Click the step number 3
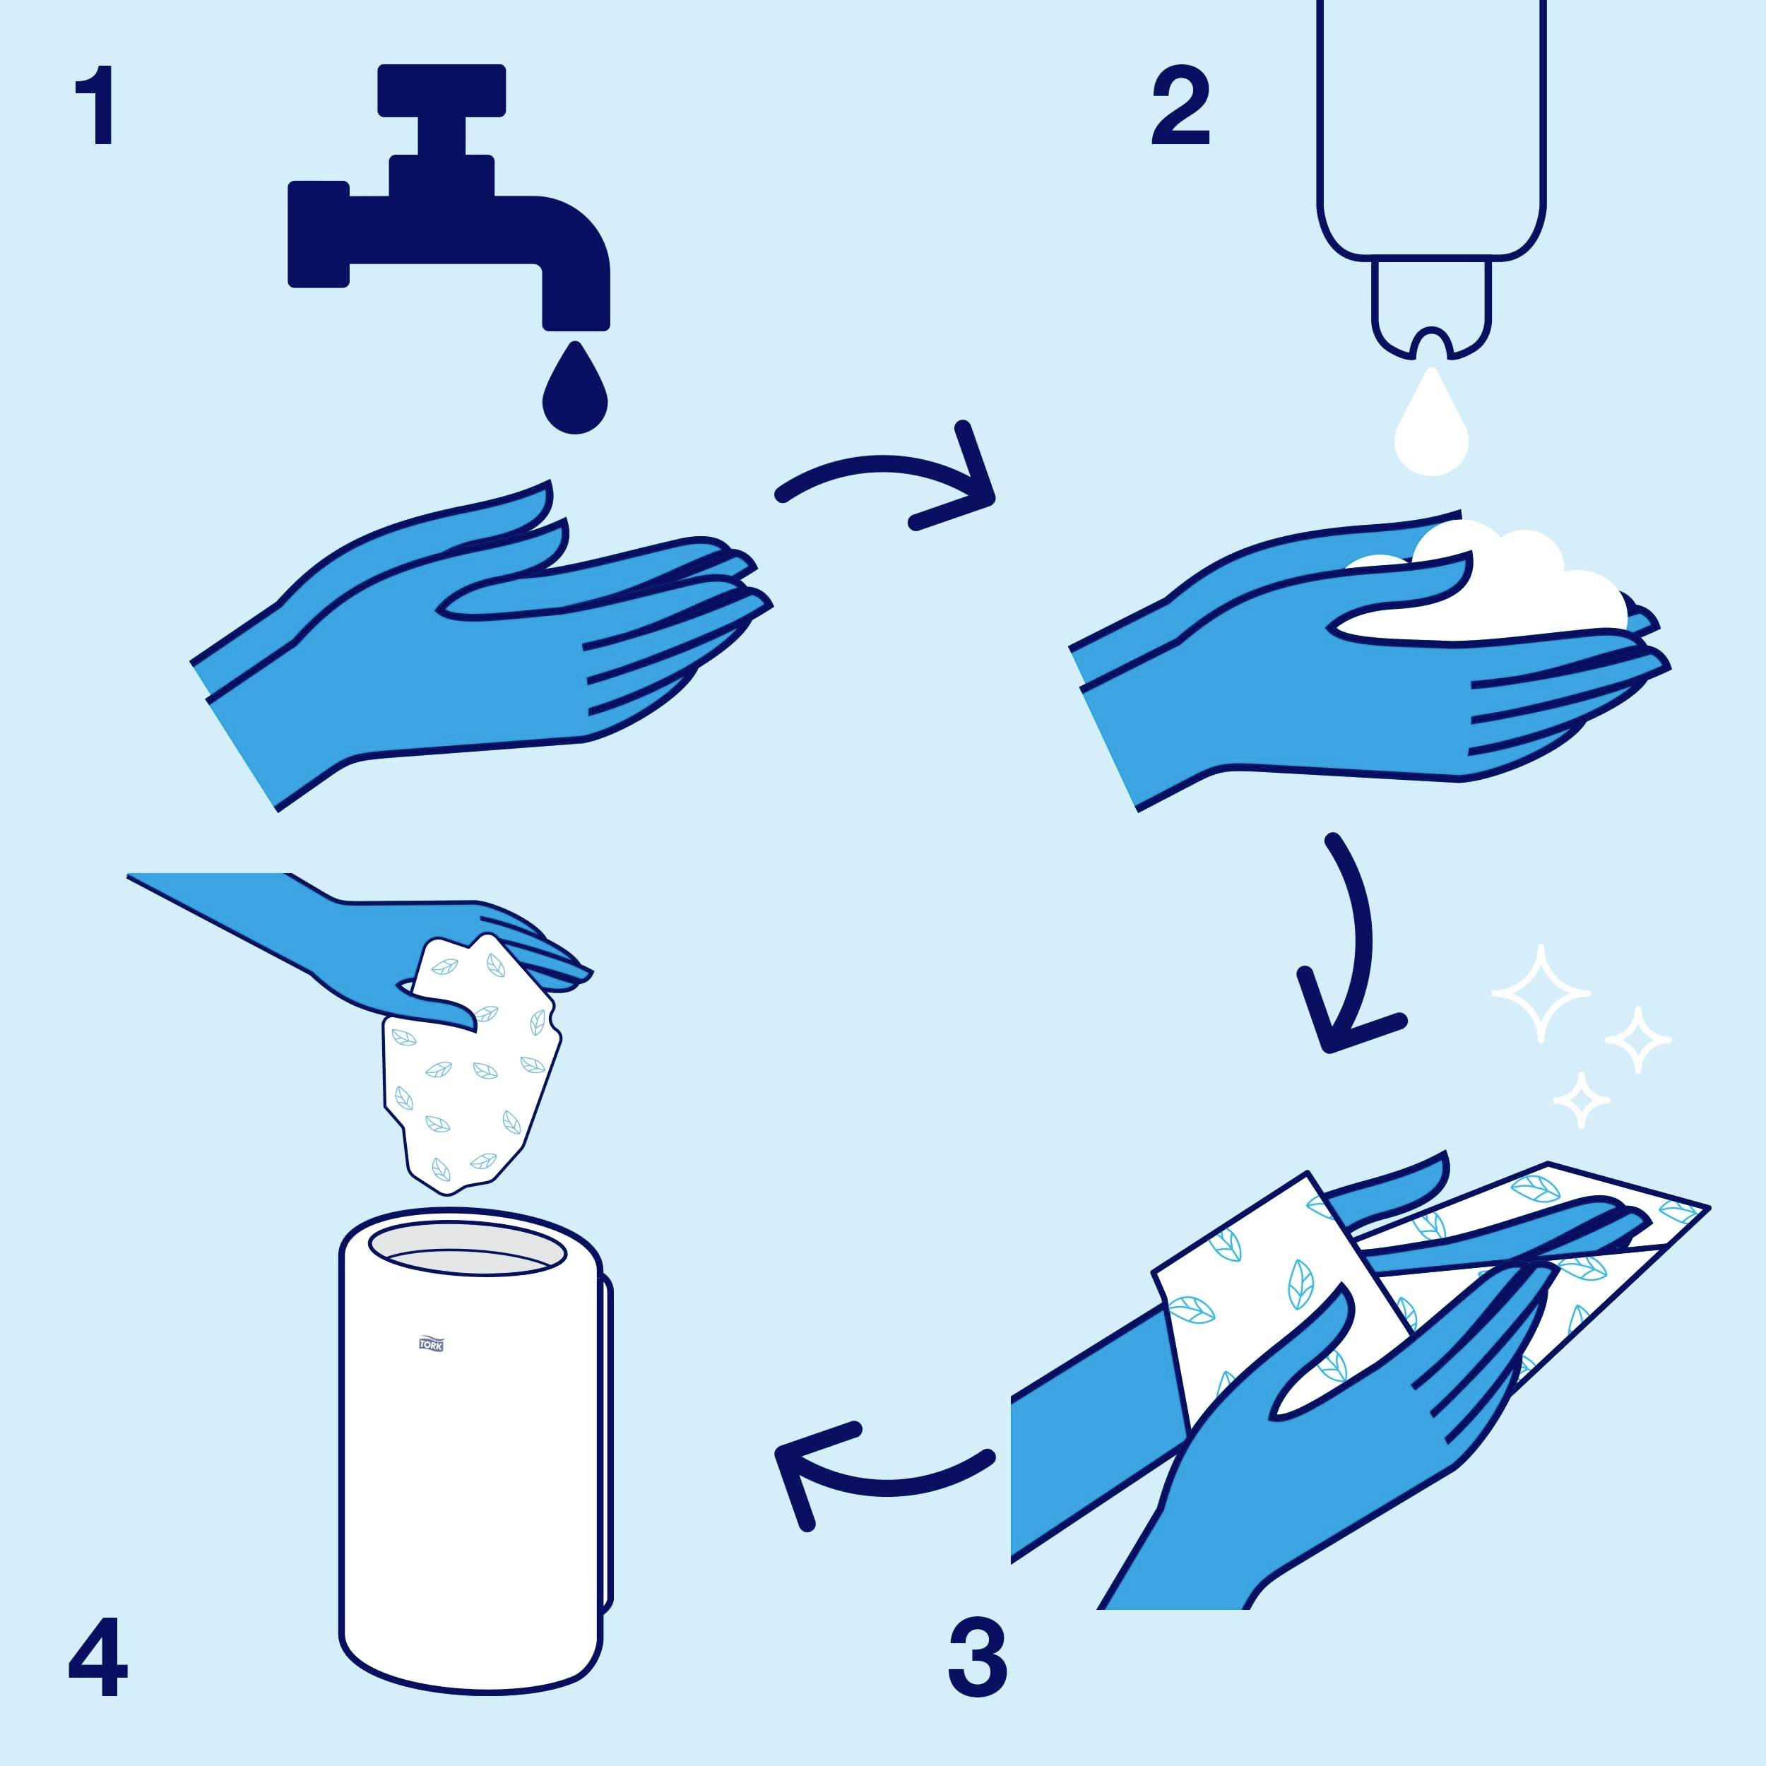976,1657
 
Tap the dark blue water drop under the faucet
575,393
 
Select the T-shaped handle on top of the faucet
441,91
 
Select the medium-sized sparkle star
1638,1039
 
